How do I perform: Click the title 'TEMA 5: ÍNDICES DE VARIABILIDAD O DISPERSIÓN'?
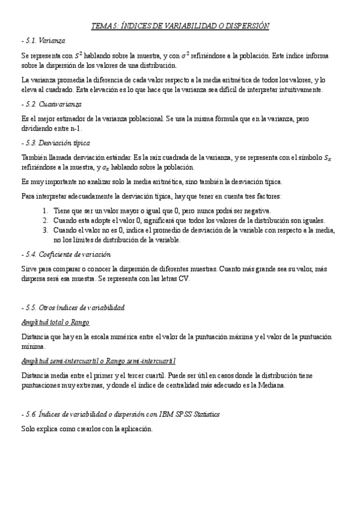coord(180,26)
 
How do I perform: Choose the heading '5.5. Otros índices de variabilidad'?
coord(73,307)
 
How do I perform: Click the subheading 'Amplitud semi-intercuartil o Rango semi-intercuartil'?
coord(98,361)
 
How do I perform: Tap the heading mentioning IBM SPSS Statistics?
coord(120,414)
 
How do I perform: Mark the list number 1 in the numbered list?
coord(46,210)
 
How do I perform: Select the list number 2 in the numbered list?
coord(46,221)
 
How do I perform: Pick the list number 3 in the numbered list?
coord(46,230)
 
